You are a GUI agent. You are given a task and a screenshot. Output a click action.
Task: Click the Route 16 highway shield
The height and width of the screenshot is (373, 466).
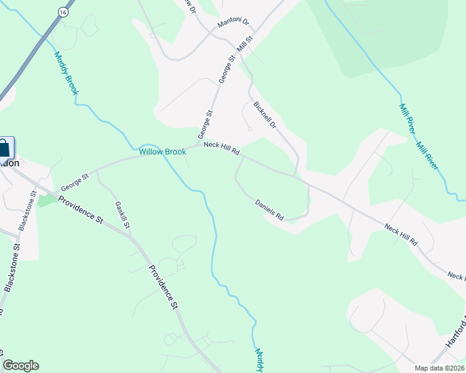(x=63, y=12)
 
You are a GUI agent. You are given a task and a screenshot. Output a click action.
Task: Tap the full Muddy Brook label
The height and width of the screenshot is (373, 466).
(x=67, y=73)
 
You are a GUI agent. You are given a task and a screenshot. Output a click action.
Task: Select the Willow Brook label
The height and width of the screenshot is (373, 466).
(x=162, y=152)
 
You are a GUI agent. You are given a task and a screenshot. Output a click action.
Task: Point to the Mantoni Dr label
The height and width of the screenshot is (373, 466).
(x=233, y=24)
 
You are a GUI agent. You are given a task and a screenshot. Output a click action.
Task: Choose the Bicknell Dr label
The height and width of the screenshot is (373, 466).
(x=265, y=114)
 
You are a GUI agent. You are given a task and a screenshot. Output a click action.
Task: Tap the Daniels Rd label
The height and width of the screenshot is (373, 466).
(x=270, y=210)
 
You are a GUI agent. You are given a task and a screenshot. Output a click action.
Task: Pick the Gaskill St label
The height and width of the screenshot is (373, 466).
(x=122, y=214)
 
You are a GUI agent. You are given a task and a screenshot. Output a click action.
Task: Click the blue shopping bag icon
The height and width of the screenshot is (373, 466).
(x=4, y=149)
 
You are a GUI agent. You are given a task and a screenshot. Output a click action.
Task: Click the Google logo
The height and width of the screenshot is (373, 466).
(x=21, y=366)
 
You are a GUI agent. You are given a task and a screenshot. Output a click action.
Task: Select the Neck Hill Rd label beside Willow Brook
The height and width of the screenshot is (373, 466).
(x=222, y=149)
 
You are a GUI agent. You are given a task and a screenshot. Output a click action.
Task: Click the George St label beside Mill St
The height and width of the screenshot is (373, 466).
(x=227, y=69)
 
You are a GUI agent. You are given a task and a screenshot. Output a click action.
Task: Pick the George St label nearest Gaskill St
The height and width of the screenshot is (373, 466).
(x=75, y=183)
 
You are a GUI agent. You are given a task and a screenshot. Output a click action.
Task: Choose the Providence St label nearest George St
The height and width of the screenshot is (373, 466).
(x=80, y=209)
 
